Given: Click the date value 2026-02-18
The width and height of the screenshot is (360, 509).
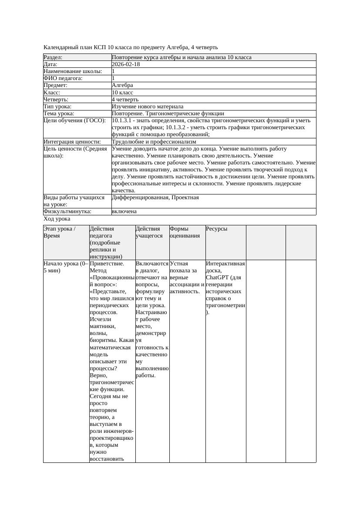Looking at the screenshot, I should tap(126, 64).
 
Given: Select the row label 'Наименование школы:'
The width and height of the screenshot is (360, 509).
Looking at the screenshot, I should tap(73, 71).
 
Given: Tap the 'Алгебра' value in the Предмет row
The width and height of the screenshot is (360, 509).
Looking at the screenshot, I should tap(122, 85).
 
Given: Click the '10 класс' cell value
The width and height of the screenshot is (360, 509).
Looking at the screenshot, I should tap(122, 93).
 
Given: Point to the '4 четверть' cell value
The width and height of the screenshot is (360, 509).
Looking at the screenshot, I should tap(125, 100).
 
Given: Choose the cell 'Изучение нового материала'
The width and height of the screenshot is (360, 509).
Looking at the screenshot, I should tap(148, 107).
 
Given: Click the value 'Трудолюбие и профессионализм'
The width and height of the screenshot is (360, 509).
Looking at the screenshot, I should tap(154, 142).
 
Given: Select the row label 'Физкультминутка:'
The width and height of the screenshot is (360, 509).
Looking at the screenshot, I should tap(67, 211).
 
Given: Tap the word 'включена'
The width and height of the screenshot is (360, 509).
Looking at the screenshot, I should tap(124, 211).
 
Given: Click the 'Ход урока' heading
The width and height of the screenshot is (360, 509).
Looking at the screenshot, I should tap(57, 219).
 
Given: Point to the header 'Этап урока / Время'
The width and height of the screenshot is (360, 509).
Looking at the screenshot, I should tap(59, 232).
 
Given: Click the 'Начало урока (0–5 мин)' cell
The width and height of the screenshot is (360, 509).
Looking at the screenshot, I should tap(66, 267).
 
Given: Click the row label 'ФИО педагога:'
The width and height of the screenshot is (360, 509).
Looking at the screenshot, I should tap(63, 78).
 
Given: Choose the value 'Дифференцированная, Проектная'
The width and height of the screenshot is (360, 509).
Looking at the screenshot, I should tap(155, 198).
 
